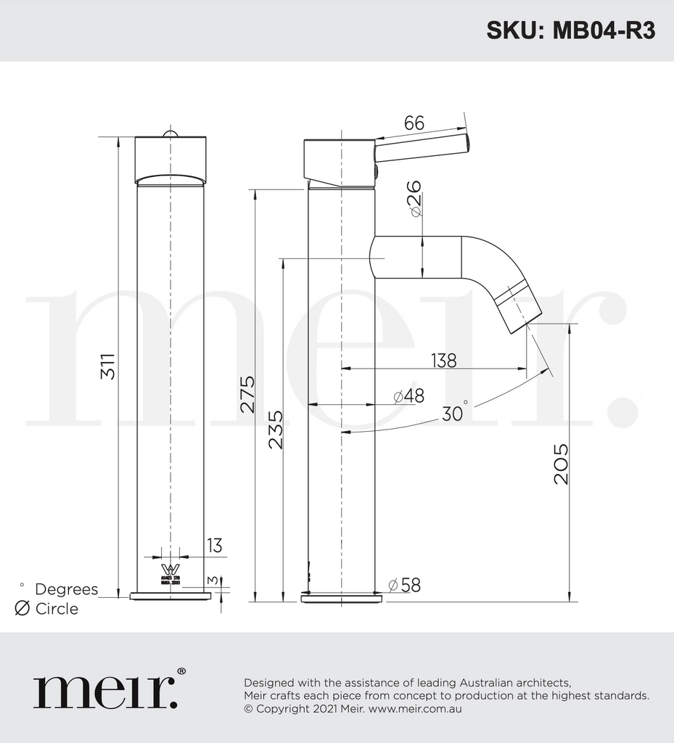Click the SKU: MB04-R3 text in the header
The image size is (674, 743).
coord(570,30)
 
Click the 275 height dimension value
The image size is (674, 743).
coord(247,394)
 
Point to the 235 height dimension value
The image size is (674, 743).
coord(276,430)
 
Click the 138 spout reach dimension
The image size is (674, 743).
coord(443,360)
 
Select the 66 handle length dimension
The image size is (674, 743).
coord(414,123)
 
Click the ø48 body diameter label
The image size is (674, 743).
coord(408,396)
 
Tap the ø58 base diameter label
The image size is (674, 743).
coord(404,585)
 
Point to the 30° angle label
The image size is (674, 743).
coord(454,413)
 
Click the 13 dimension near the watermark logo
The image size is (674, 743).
coord(214,546)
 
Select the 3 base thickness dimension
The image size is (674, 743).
coord(211,580)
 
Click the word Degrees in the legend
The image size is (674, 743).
coord(66,589)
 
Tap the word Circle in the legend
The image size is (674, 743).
coord(57,609)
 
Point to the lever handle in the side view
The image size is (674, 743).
coord(422,147)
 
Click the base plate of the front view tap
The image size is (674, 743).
coord(170,596)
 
